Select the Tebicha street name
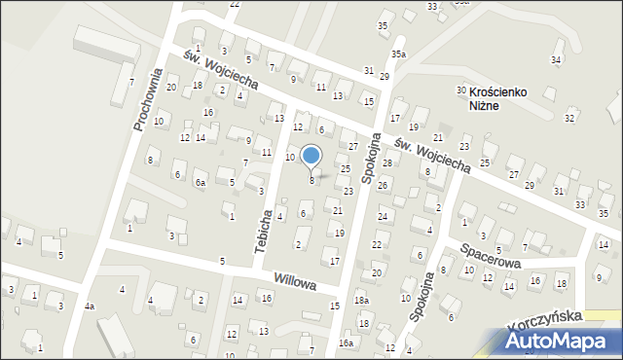click(x=263, y=231)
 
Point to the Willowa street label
click(x=295, y=283)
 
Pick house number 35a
click(x=399, y=54)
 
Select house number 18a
click(x=361, y=302)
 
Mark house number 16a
click(x=346, y=343)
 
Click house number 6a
click(x=200, y=183)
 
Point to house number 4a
click(x=90, y=307)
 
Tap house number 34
click(x=556, y=60)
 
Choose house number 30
click(x=461, y=90)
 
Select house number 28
click(x=386, y=162)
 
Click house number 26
click(x=383, y=186)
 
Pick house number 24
click(x=383, y=216)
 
